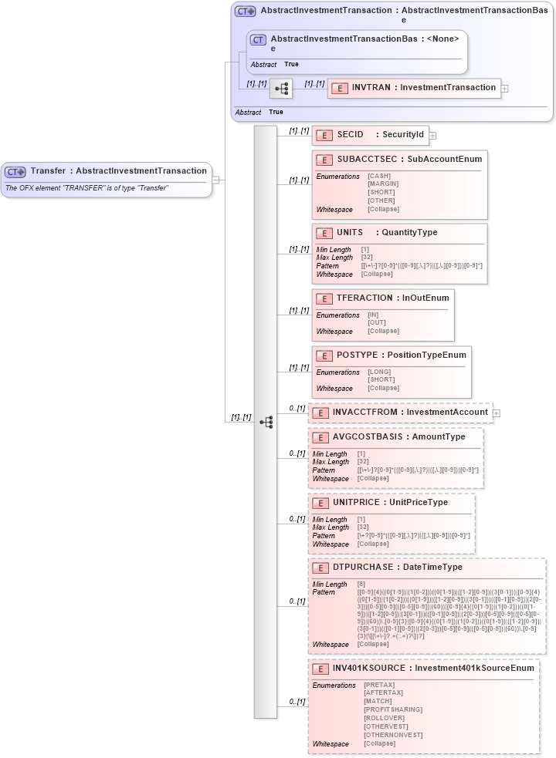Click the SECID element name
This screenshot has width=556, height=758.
click(351, 135)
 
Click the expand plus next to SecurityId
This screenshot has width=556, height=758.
click(432, 136)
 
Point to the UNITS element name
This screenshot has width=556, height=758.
click(350, 233)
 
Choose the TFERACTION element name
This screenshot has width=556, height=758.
click(364, 298)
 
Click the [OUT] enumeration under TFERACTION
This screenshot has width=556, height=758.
click(377, 323)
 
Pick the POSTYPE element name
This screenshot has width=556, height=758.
click(357, 355)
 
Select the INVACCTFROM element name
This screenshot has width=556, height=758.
click(365, 413)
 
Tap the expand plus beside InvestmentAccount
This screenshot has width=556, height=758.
click(497, 413)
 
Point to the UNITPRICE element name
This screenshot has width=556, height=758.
click(356, 503)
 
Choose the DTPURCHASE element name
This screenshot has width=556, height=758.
click(363, 568)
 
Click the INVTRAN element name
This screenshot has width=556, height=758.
click(371, 88)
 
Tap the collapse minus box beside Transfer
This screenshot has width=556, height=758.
click(215, 180)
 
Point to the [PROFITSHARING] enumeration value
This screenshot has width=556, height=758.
click(392, 709)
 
